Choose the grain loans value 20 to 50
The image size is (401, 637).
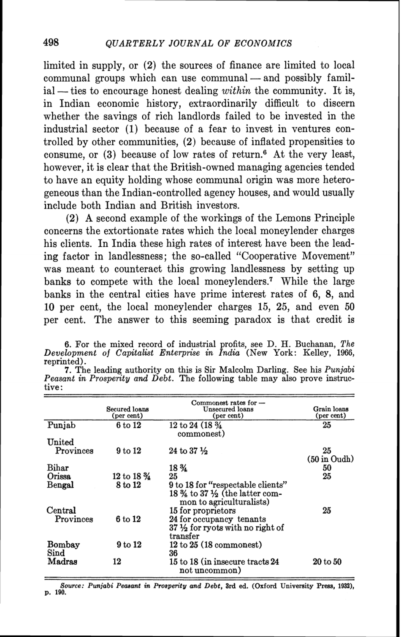[x=331, y=562]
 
